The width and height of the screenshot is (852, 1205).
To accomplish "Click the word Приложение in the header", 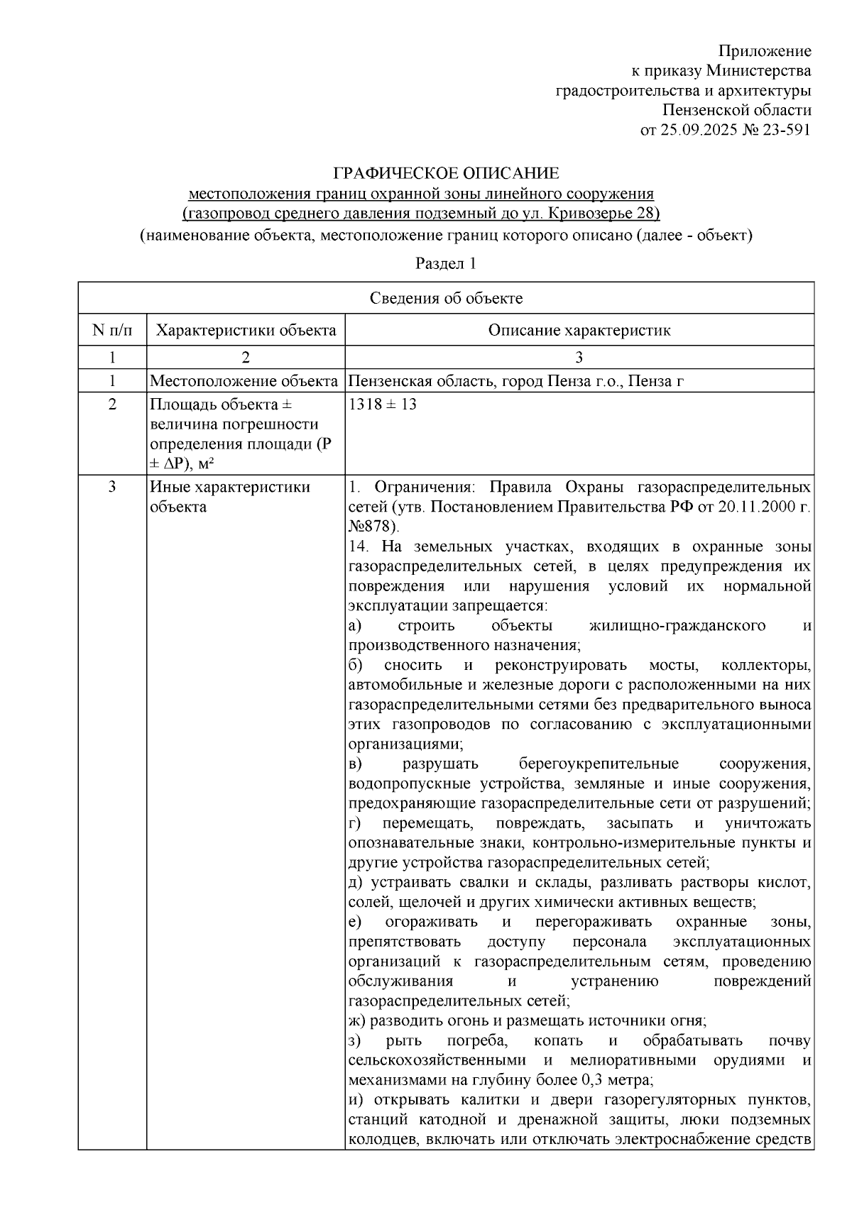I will (764, 51).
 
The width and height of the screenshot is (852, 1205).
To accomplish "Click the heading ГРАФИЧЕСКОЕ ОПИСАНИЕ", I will (446, 173).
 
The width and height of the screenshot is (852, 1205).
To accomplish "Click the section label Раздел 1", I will (445, 263).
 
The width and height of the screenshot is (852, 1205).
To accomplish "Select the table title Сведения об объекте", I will (446, 298).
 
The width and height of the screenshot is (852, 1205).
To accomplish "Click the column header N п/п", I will (112, 330).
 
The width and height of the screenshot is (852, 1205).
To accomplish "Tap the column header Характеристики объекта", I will (246, 330).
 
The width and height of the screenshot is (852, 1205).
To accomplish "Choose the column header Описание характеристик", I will (579, 330).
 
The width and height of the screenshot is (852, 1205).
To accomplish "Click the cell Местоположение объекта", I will (244, 381).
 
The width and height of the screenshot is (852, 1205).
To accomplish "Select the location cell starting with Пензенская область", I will (515, 381).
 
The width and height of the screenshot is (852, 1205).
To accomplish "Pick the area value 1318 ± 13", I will (383, 405).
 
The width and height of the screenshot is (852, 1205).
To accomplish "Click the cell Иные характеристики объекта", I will (230, 497).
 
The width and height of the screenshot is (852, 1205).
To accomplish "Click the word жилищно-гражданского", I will (677, 625).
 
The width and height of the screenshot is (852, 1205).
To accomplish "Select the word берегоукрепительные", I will (599, 764).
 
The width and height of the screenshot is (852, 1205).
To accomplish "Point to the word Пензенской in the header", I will (707, 111).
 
